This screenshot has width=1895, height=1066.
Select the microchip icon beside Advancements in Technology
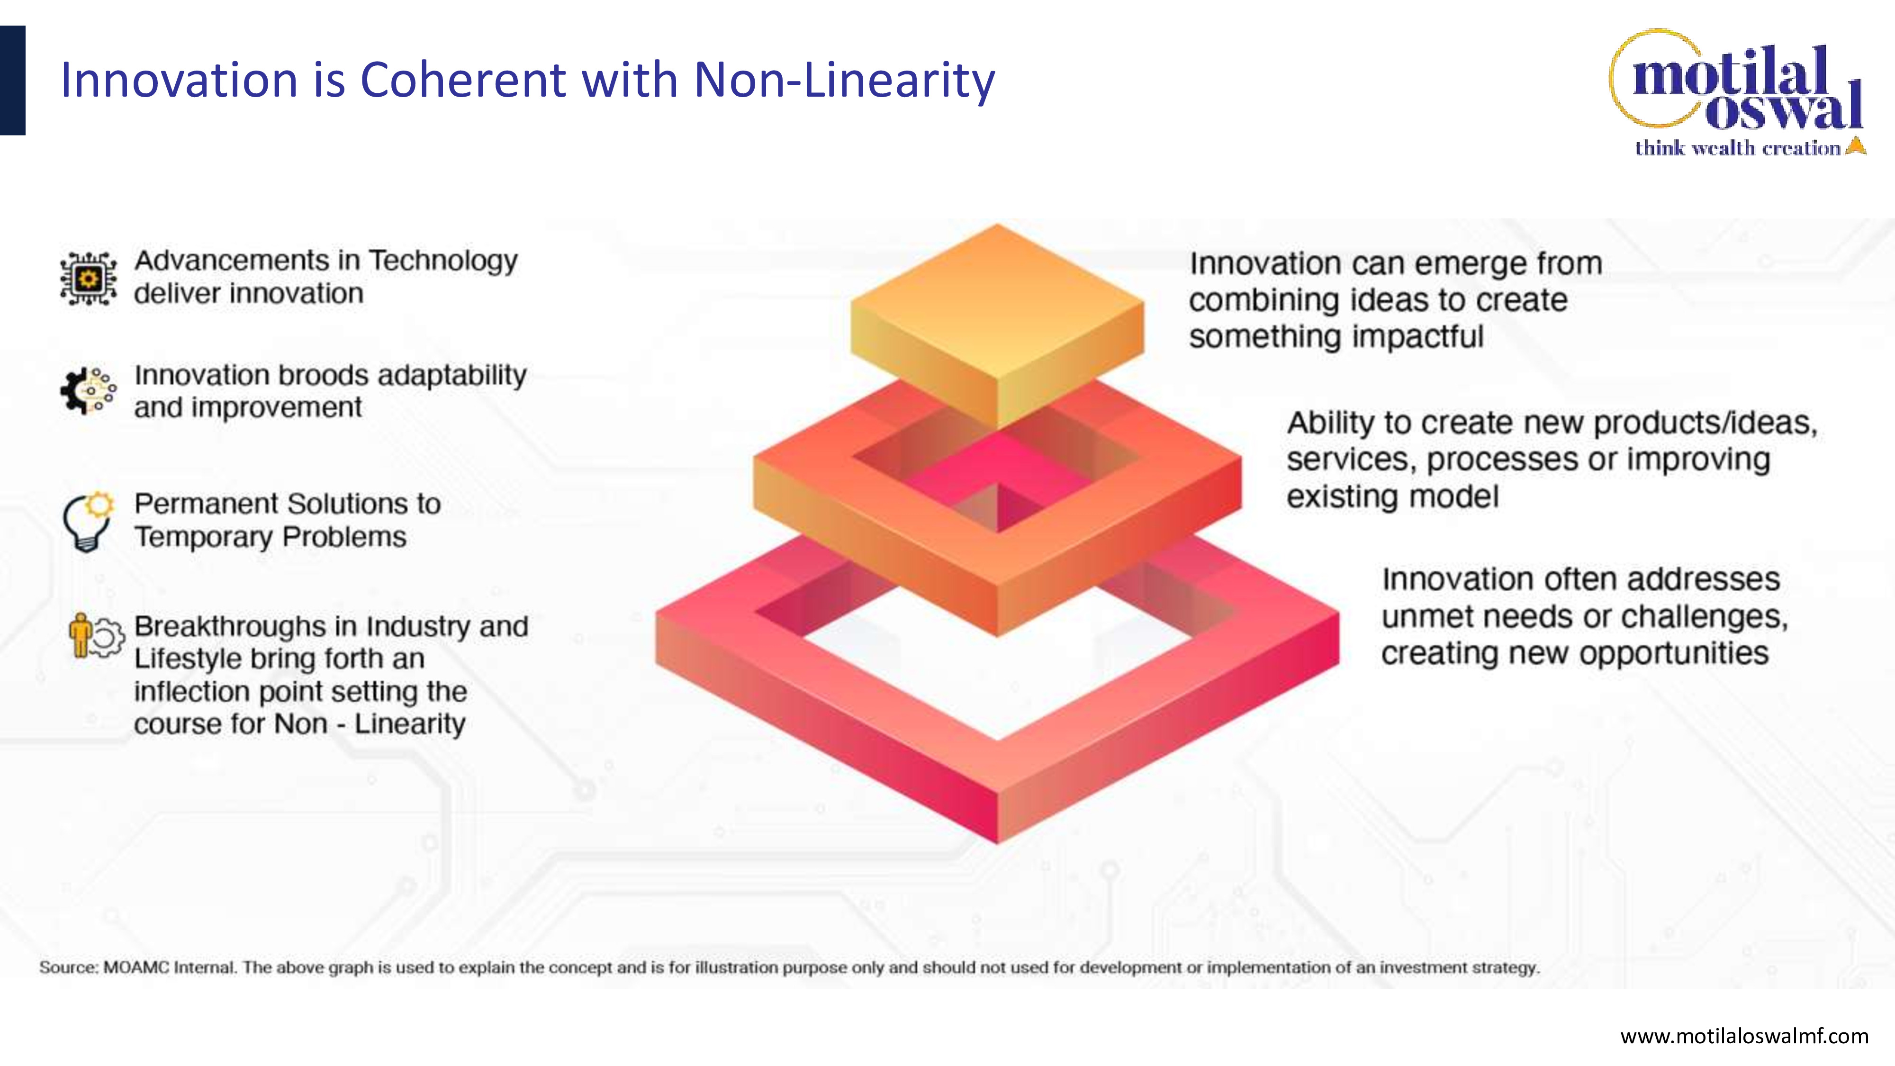(88, 278)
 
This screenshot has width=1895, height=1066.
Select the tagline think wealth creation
(1738, 148)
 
